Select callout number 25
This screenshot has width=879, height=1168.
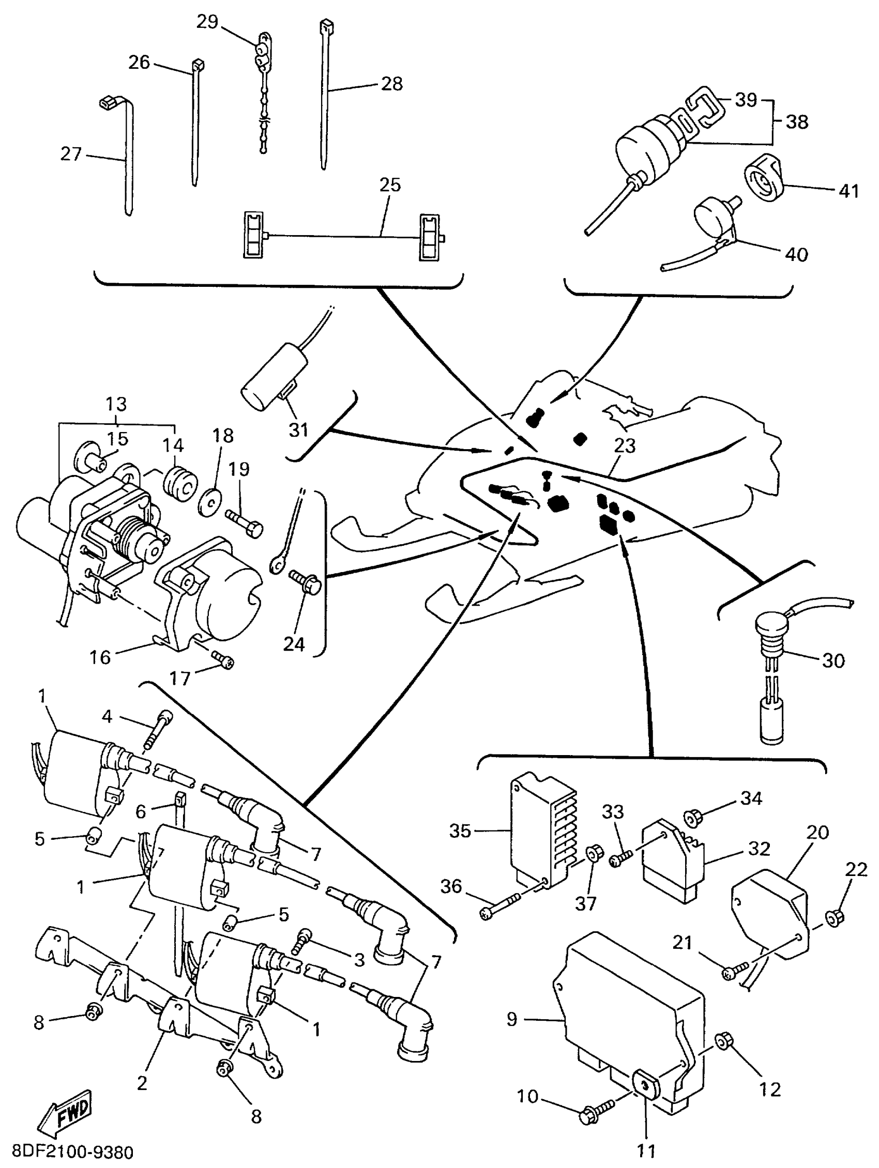(390, 185)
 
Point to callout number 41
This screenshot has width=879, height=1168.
(849, 191)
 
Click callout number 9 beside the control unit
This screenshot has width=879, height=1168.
(511, 1019)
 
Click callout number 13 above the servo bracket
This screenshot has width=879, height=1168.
(116, 404)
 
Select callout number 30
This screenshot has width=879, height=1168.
(833, 660)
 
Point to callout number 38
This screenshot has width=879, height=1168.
(797, 122)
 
